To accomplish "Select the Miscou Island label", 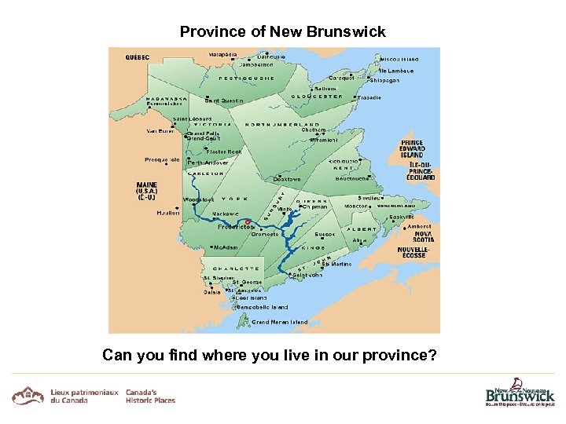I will [399, 59].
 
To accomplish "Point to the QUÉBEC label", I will [139, 57].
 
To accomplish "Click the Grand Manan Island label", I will [280, 322].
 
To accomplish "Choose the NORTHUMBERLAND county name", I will [282, 124].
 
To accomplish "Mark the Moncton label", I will [356, 206].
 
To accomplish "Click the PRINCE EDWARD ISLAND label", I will [412, 149].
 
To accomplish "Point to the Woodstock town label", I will [199, 199].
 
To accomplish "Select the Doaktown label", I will [287, 179].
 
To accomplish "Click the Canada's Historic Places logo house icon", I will [28, 395].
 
